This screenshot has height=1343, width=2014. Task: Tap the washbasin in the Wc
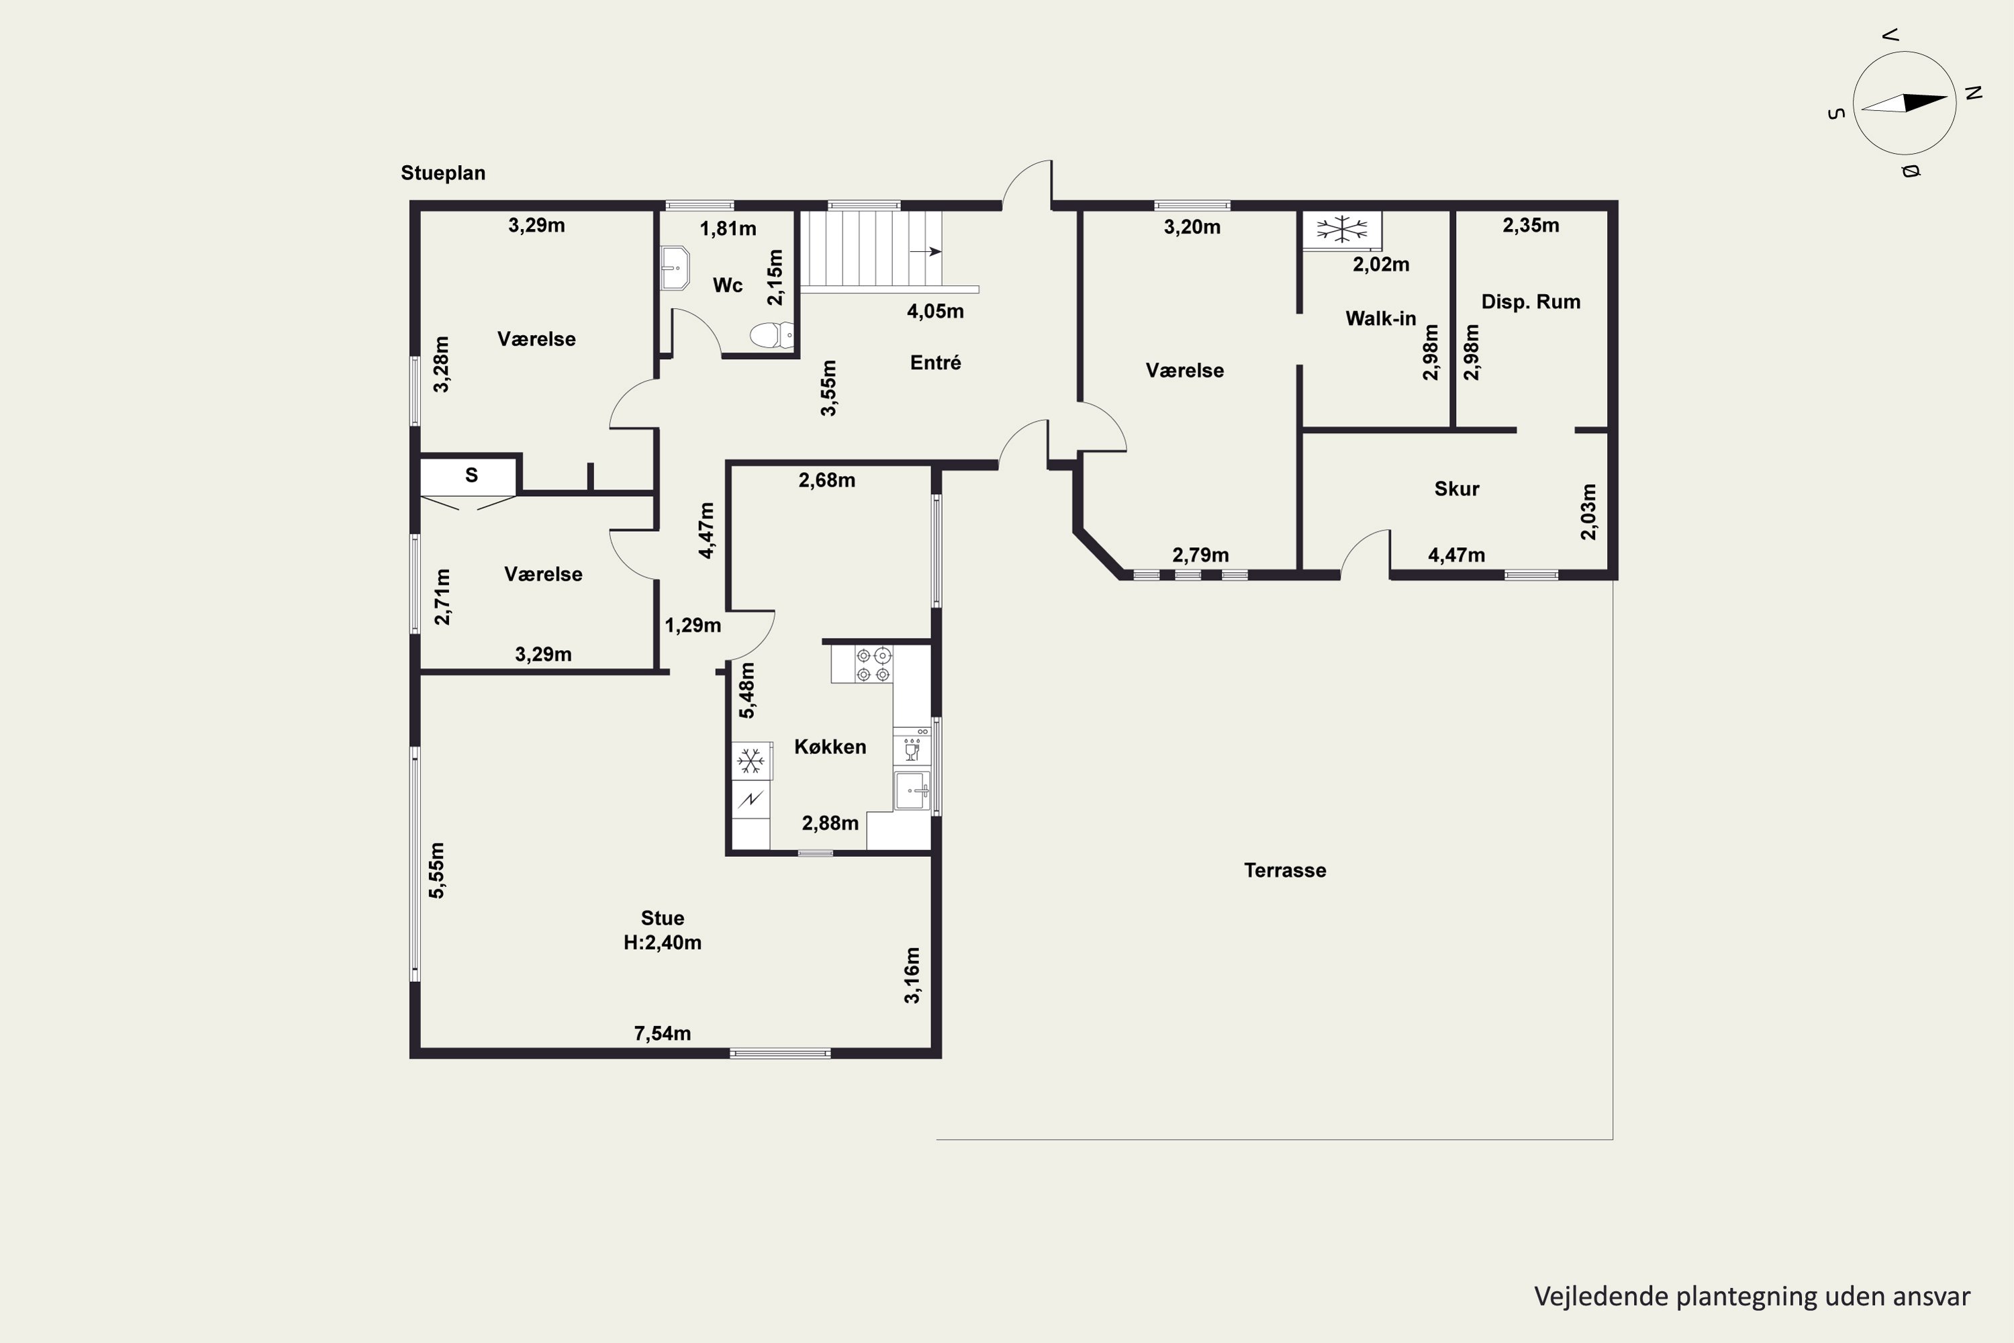coord(675,268)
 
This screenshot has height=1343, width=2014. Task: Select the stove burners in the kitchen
coord(873,665)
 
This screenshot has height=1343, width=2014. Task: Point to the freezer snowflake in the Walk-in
coord(1342,229)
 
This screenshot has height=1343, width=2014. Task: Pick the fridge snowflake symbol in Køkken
coord(751,761)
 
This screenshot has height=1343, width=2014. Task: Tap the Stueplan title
coord(442,173)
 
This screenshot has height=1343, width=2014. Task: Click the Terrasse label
coord(1284,870)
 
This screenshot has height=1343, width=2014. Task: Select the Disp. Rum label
coord(1530,302)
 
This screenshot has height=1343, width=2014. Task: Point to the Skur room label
coord(1457,488)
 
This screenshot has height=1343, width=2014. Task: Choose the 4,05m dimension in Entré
coord(935,311)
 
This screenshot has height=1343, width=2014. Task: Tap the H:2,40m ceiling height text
coord(662,942)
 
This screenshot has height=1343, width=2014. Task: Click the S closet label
coord(471,475)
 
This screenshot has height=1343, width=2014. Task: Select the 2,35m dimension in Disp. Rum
coord(1530,225)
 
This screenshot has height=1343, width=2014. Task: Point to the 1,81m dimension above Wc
coord(728,229)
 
